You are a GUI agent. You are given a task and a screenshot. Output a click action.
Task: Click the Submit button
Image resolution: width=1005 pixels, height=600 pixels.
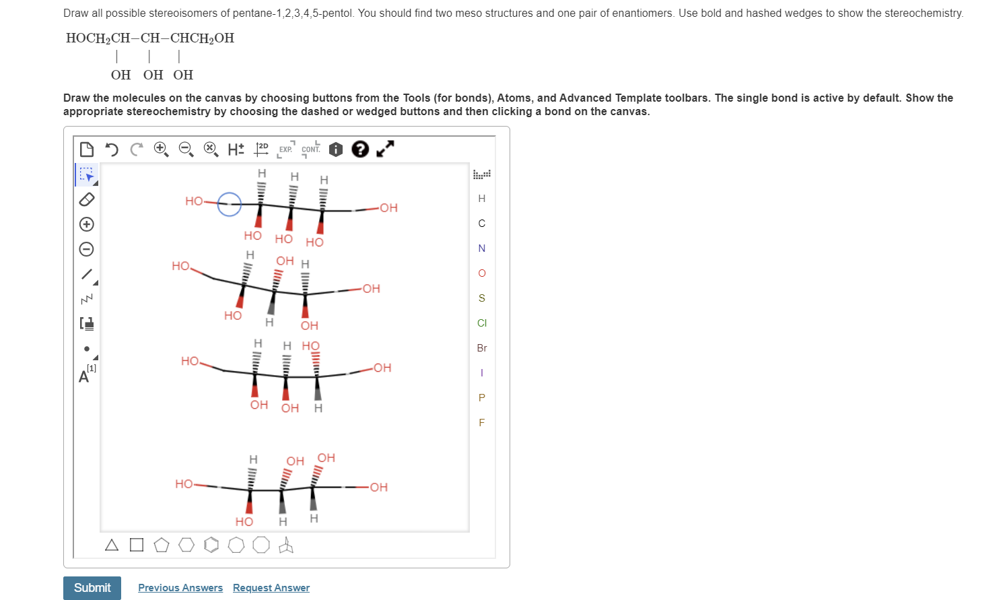click(x=92, y=588)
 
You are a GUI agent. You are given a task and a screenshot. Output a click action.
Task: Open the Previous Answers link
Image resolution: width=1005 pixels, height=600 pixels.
click(x=180, y=588)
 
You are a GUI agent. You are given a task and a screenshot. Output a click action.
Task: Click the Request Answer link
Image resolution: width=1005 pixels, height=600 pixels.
click(x=271, y=588)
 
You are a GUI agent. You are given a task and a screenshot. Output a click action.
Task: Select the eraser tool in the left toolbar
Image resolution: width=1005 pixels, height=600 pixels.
click(x=87, y=199)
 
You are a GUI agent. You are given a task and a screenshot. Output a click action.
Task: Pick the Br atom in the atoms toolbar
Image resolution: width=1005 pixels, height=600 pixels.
click(x=481, y=348)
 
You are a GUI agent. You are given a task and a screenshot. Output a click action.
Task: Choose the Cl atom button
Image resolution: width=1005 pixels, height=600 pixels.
click(x=481, y=323)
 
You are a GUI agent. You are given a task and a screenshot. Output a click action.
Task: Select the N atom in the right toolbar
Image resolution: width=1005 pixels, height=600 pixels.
click(x=481, y=248)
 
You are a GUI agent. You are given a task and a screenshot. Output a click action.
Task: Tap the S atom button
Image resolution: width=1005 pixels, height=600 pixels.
click(x=481, y=298)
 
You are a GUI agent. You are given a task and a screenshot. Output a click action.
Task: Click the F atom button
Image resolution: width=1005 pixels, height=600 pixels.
click(x=481, y=423)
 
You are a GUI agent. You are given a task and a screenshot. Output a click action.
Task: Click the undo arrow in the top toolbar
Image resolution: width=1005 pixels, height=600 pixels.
click(x=112, y=149)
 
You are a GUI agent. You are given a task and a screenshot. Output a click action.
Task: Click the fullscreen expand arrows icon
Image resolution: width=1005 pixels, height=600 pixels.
click(x=385, y=149)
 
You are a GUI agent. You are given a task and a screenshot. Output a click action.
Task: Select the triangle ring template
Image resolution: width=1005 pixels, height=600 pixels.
click(x=112, y=545)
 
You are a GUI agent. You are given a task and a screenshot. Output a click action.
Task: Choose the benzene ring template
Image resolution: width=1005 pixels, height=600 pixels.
click(x=211, y=545)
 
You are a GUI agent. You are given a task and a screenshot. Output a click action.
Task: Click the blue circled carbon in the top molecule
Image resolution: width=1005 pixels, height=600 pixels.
click(x=230, y=204)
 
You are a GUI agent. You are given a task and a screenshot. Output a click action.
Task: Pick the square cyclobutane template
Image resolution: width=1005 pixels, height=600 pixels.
click(x=137, y=545)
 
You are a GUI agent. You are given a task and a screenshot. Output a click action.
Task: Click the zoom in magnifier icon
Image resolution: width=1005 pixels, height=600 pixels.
click(x=161, y=149)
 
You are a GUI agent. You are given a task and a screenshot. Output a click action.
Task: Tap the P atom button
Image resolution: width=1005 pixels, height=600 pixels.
click(x=481, y=398)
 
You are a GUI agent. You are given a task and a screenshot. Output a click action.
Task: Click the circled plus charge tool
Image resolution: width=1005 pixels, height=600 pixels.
click(x=87, y=224)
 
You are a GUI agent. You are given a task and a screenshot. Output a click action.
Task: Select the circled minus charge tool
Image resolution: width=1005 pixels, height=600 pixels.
click(x=87, y=249)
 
